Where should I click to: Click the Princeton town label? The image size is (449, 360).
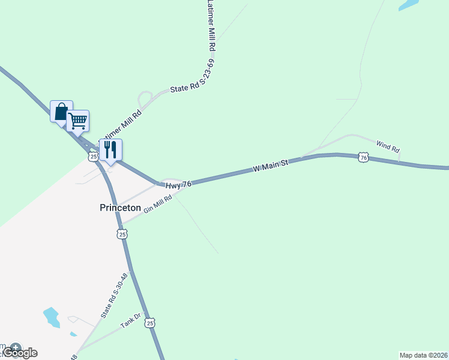pos(120,208)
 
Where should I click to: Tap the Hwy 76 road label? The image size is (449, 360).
pos(178,186)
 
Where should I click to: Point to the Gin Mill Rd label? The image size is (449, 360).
pos(158,206)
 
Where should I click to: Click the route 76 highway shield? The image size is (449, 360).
pos(363,157)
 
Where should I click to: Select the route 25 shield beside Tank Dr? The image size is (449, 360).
pos(150,323)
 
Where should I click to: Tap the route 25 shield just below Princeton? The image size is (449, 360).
pos(122,233)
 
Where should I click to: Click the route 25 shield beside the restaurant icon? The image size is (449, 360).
pos(92,157)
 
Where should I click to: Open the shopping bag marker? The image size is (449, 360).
pos(61,112)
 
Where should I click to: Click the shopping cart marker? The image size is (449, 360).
pos(78,121)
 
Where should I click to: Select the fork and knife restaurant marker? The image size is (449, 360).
pos(110,149)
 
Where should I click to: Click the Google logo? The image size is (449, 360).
pos(20,353)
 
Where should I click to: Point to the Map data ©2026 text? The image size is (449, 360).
pos(423,355)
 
